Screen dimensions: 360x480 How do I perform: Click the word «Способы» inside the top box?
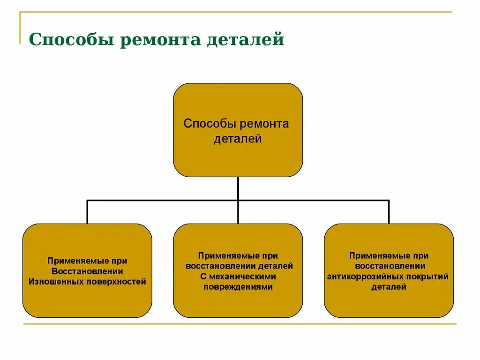(x=210, y=124)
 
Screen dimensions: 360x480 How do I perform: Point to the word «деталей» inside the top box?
(x=238, y=139)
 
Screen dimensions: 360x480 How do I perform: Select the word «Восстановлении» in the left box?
(x=87, y=271)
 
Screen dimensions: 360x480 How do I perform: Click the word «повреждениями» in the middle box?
(x=238, y=286)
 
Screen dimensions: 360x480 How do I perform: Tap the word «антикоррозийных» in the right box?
(x=362, y=277)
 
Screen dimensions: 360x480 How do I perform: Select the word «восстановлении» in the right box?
(x=389, y=266)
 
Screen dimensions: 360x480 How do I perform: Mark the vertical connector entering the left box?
(x=87, y=212)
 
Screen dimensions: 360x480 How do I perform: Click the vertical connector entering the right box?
(x=389, y=212)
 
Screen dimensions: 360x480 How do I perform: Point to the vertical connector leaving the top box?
(x=238, y=187)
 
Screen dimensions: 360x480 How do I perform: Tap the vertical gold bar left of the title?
(x=20, y=28)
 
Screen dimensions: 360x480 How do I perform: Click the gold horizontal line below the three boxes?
(x=239, y=324)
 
